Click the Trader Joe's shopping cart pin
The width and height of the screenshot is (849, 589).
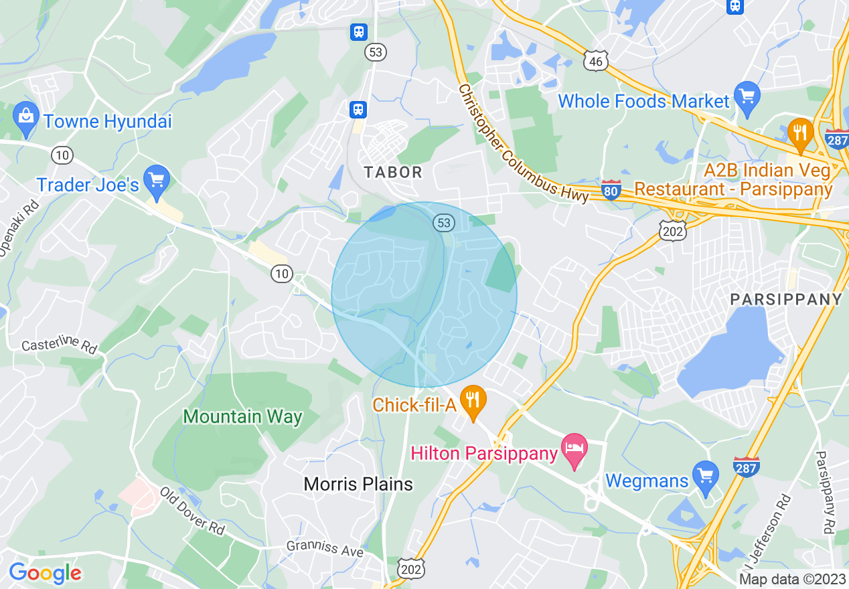click(157, 180)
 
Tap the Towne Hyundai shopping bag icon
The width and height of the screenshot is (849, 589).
click(25, 116)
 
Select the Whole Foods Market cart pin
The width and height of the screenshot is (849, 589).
click(746, 96)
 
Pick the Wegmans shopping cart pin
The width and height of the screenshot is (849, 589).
click(706, 475)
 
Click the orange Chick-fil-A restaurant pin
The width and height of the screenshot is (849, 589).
click(474, 400)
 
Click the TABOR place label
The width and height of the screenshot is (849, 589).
click(393, 172)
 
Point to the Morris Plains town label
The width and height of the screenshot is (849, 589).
click(358, 484)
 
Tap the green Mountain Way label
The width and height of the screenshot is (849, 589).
click(242, 417)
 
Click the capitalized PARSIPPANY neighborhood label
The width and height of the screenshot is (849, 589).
click(785, 299)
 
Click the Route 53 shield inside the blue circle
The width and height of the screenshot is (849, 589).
click(443, 222)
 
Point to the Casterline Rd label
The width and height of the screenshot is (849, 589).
click(59, 345)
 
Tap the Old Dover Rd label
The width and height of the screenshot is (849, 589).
click(191, 514)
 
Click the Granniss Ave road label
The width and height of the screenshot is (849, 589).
click(324, 548)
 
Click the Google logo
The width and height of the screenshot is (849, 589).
click(45, 573)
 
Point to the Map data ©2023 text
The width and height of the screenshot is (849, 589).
click(792, 579)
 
